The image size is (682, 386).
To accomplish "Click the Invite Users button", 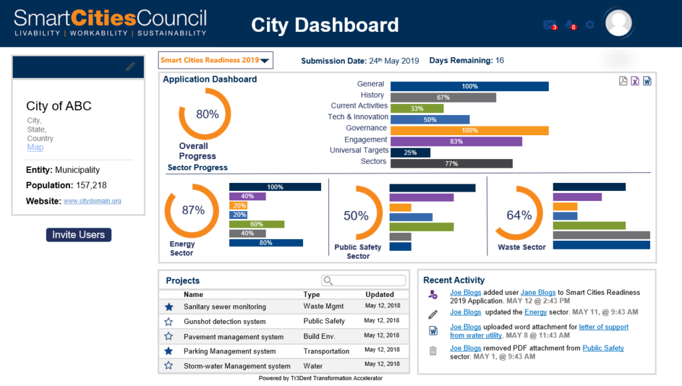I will pyautogui.click(x=79, y=235).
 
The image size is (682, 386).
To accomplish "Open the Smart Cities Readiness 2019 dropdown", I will pyautogui.click(x=216, y=61).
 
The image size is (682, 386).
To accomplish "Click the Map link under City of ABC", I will pyautogui.click(x=35, y=147).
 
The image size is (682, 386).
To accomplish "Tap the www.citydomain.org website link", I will pyautogui.click(x=92, y=200).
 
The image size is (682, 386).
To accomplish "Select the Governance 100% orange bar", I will pyautogui.click(x=469, y=130).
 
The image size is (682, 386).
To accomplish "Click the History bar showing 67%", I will pyautogui.click(x=443, y=97).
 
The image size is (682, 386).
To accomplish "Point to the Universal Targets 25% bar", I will pyautogui.click(x=410, y=152).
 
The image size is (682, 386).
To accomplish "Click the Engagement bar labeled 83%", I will pyautogui.click(x=456, y=141).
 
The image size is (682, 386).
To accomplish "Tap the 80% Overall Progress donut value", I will pyautogui.click(x=207, y=114).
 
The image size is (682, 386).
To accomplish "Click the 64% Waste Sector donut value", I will pyautogui.click(x=519, y=215).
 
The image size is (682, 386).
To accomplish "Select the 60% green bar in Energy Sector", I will pyautogui.click(x=256, y=224).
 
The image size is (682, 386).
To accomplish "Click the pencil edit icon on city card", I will pyautogui.click(x=131, y=67).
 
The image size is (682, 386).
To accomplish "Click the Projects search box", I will pyautogui.click(x=364, y=281).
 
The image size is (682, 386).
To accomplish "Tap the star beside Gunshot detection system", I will pyautogui.click(x=169, y=321).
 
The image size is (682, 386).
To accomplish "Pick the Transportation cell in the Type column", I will pyautogui.click(x=326, y=351).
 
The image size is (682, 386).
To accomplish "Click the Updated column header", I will pyautogui.click(x=380, y=294).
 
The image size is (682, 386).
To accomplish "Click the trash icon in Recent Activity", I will pyautogui.click(x=433, y=351).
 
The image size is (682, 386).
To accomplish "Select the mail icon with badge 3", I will pyautogui.click(x=549, y=25).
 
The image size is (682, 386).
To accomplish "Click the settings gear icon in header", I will pyautogui.click(x=589, y=25).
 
